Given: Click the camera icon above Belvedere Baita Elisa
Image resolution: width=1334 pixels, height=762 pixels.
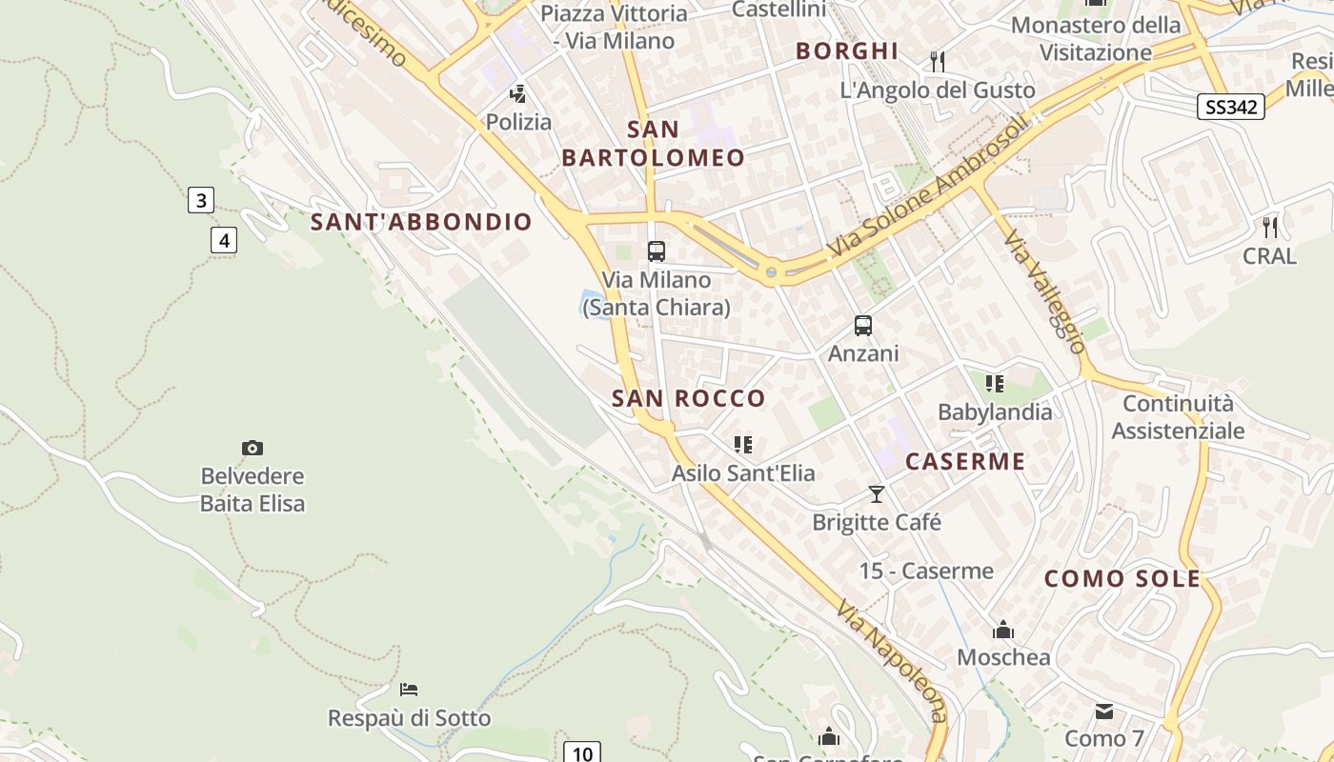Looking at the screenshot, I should [253, 448].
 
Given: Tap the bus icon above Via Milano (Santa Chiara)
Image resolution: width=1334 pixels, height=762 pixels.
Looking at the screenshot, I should [657, 251].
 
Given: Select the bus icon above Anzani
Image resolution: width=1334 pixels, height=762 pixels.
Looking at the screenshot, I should [863, 326].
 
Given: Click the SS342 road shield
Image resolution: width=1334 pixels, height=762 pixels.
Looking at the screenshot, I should [1231, 107].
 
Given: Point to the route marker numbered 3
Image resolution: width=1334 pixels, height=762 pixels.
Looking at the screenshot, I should [200, 200].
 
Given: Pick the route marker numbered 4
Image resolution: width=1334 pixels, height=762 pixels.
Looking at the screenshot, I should [224, 240].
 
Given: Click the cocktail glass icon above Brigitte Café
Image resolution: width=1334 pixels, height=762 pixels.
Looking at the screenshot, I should [877, 493].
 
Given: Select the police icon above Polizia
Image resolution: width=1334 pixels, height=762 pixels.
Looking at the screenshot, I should [518, 93].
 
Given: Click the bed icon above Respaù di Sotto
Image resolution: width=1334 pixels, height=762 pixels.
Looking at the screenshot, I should [409, 689].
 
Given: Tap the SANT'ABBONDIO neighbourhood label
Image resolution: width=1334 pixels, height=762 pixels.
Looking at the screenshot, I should [421, 223].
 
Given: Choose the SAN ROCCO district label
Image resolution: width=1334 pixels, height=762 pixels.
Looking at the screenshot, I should [688, 398].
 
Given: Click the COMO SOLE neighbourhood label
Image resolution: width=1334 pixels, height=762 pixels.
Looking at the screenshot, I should [1122, 578].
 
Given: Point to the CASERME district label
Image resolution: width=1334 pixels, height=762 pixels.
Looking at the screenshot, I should [965, 462].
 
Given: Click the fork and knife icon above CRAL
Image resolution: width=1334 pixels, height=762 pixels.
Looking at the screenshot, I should [1269, 227].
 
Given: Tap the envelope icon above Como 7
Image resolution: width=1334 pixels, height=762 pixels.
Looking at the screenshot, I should [1104, 711].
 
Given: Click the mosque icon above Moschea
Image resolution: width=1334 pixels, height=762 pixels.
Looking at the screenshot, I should [1002, 630].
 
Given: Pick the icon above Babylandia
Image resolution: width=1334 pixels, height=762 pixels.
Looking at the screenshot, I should [995, 384].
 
